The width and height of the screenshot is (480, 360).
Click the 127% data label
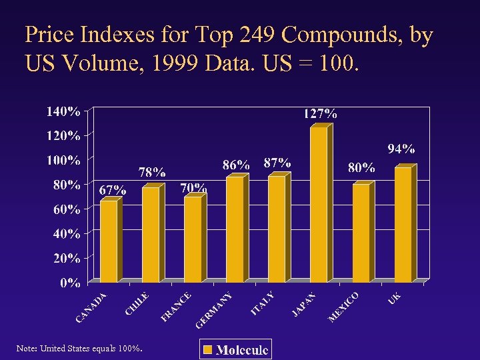tap(320, 113)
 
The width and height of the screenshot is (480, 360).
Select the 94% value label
tap(401, 148)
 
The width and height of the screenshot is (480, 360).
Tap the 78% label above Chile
tap(152, 173)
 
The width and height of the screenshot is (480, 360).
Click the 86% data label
tap(236, 164)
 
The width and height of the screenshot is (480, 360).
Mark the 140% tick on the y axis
tap(63, 111)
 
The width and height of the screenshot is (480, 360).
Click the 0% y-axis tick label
tap(71, 283)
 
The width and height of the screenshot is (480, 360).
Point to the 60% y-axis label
tap(67, 209)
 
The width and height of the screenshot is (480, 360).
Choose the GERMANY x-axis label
tap(214, 311)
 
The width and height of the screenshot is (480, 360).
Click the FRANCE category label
tap(177, 307)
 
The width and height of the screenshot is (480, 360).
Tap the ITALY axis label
tap(263, 304)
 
